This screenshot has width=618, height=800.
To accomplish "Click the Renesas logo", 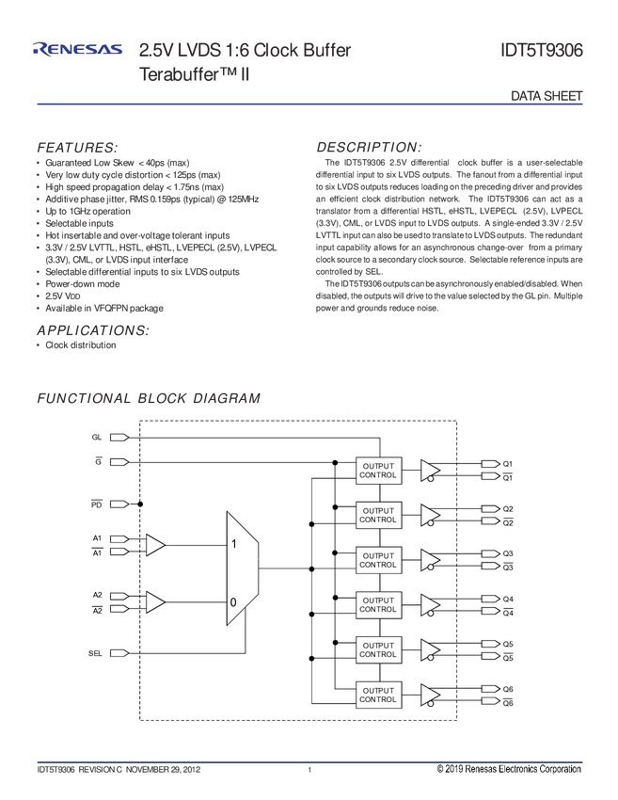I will tap(77, 49).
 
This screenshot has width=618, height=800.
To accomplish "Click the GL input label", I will tap(97, 438).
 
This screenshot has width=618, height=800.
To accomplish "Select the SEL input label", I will tap(96, 652).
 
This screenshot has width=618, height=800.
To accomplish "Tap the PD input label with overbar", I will tap(96, 504).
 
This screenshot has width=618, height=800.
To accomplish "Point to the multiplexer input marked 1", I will tap(233, 544).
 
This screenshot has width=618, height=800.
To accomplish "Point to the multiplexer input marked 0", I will tap(233, 601).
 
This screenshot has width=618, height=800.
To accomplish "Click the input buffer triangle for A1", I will tap(154, 545).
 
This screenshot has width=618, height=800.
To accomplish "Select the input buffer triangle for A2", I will tap(154, 602).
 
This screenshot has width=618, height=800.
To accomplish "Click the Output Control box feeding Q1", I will tap(378, 470).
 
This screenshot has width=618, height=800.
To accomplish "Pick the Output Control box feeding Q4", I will tap(378, 605).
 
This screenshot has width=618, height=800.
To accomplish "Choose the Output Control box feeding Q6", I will tap(378, 695).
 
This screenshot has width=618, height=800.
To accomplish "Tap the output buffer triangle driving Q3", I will tap(429, 559).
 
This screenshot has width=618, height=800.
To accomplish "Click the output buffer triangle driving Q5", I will tap(429, 649).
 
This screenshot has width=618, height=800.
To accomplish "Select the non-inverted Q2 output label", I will tap(507, 509).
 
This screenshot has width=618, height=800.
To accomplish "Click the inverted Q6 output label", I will tap(507, 703).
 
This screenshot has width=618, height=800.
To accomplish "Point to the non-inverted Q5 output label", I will tap(507, 644).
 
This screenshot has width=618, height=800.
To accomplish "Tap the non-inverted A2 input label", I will tap(97, 596).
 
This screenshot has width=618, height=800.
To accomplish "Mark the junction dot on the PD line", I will tap(140, 504).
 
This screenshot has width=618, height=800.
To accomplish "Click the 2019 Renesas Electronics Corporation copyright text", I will tap(509, 770).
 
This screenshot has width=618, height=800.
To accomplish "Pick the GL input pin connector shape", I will tap(118, 438).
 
